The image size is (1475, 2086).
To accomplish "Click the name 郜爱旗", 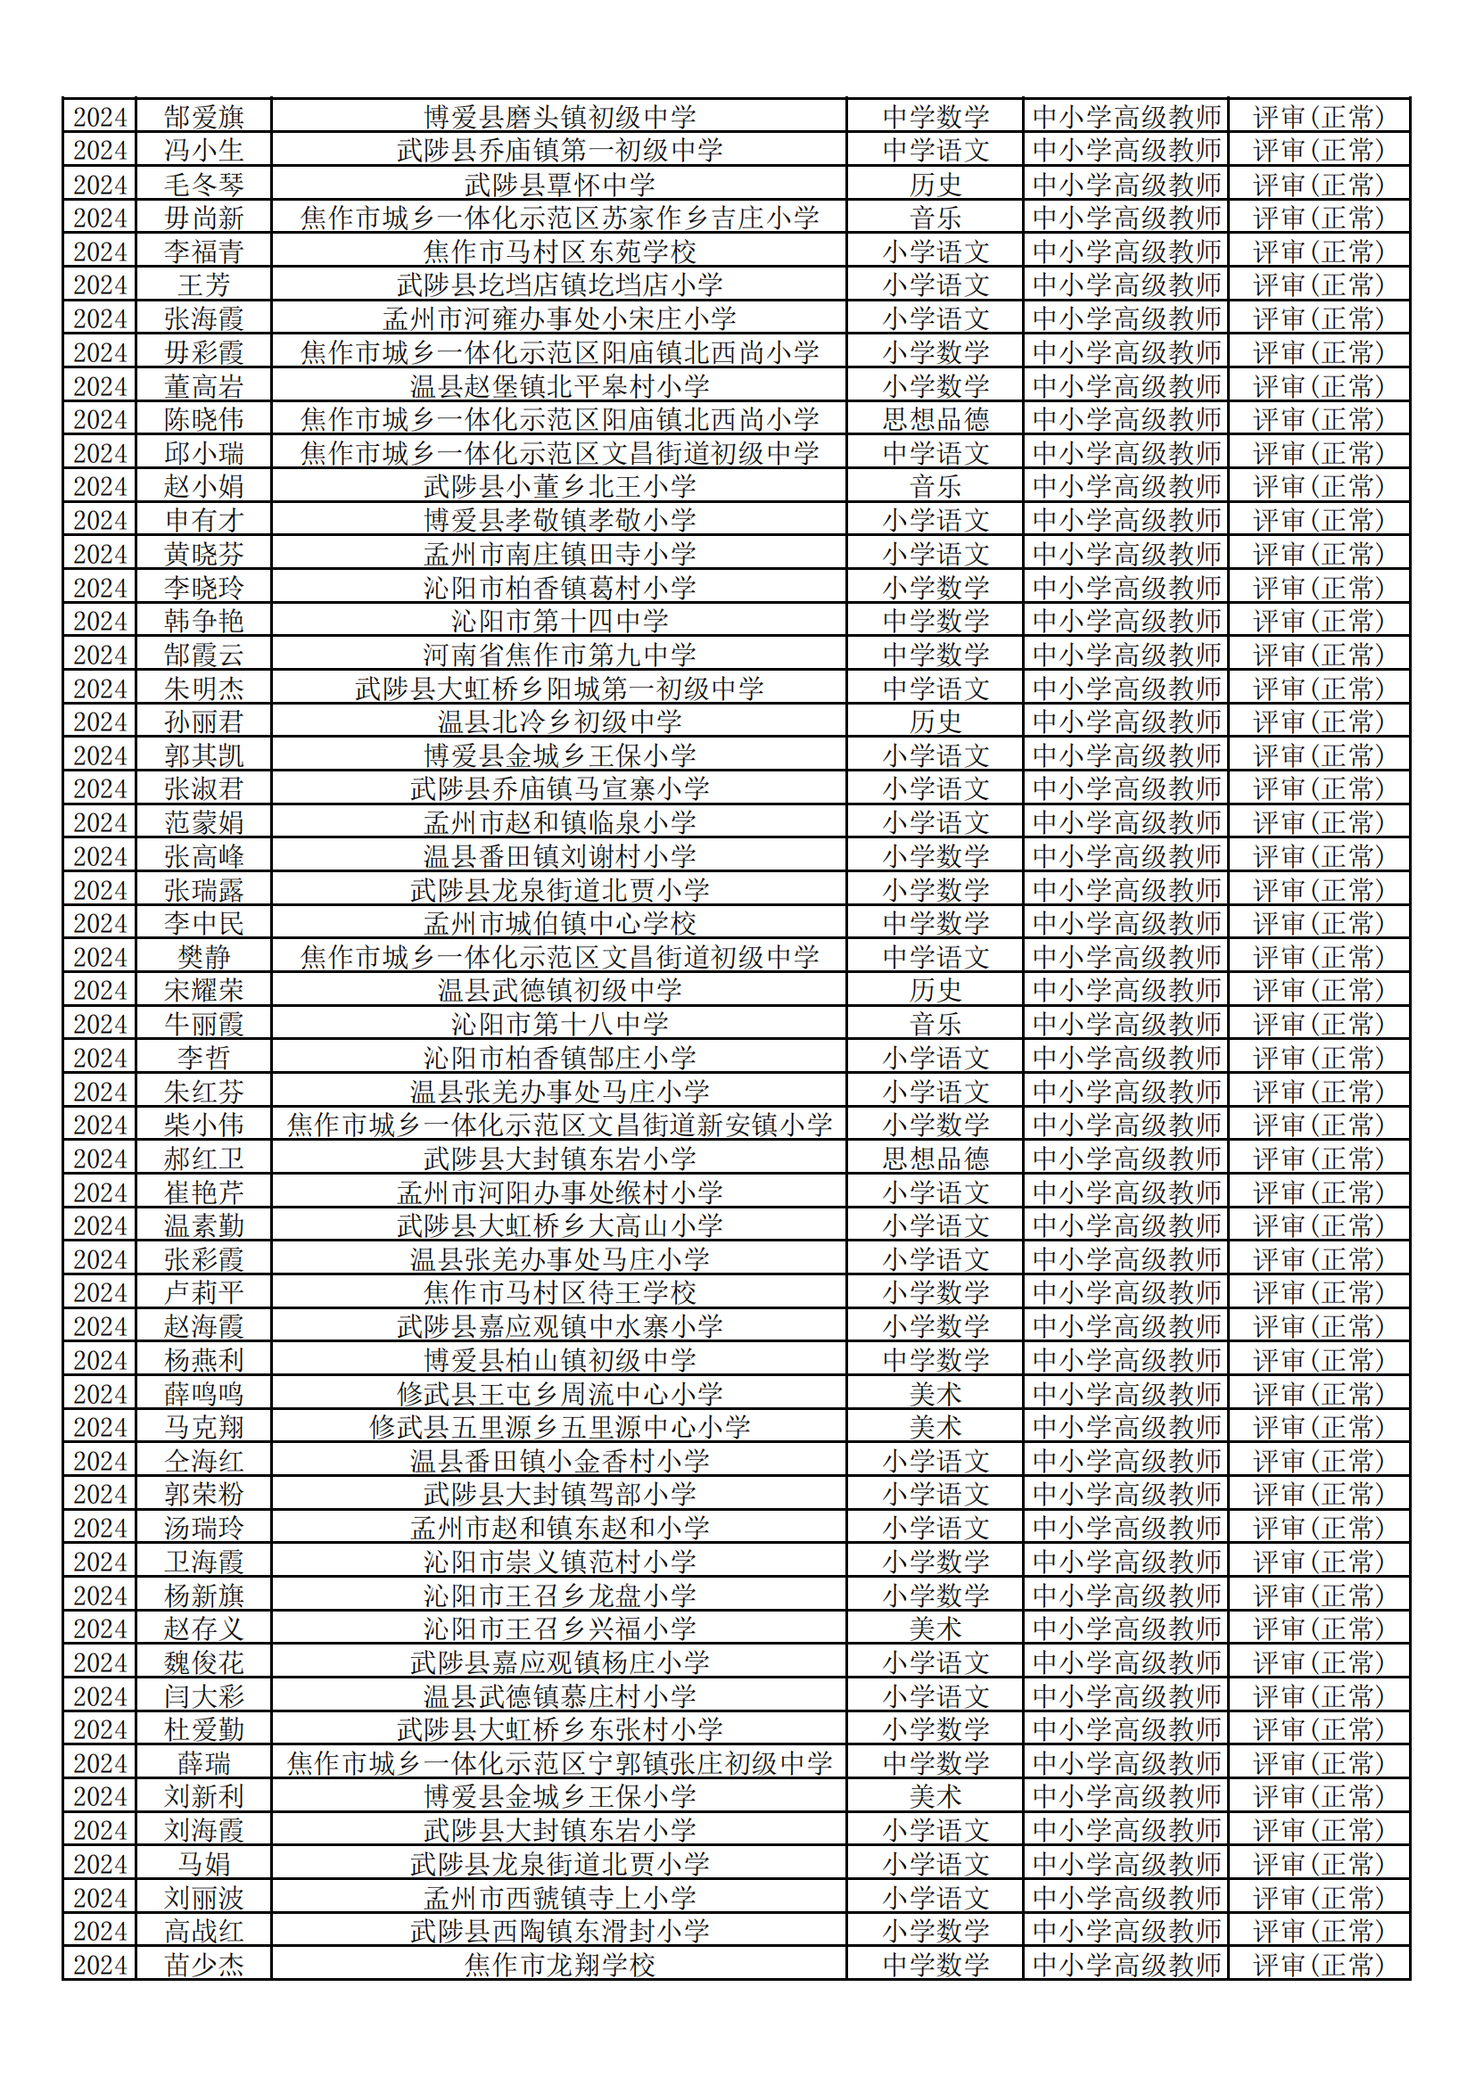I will coord(203,117).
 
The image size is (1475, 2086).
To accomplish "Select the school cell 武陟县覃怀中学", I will coord(559,185).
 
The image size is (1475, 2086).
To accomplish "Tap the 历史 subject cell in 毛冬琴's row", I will coord(935,185).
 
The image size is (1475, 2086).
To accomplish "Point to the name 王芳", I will coord(203,285).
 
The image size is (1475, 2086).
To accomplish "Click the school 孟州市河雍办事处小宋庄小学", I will coord(559,319).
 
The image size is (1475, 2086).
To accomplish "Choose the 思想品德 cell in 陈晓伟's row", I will coord(935,420).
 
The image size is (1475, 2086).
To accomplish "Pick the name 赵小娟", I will coord(203,487).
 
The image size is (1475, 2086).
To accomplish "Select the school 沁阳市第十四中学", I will coord(559,622).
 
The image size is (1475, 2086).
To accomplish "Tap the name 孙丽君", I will coord(203,722).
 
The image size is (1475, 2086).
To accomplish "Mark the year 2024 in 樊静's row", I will coord(100,958).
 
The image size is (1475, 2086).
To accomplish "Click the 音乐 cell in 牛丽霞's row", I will coord(935,1025).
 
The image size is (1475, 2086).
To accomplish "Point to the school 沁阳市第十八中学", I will coord(559,1025).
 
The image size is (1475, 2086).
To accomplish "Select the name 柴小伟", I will coord(203,1125).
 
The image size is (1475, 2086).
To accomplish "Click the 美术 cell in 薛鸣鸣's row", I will coord(935,1395).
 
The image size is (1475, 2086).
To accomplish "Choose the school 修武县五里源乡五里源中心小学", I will coord(559,1427).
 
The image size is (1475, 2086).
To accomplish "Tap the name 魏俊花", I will coord(203,1663).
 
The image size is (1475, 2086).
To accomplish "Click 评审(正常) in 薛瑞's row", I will coord(1318,1764).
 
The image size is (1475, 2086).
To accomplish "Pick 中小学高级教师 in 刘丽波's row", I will coord(1126,1898).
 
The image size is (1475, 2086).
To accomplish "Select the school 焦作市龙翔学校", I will coord(559,1966).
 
